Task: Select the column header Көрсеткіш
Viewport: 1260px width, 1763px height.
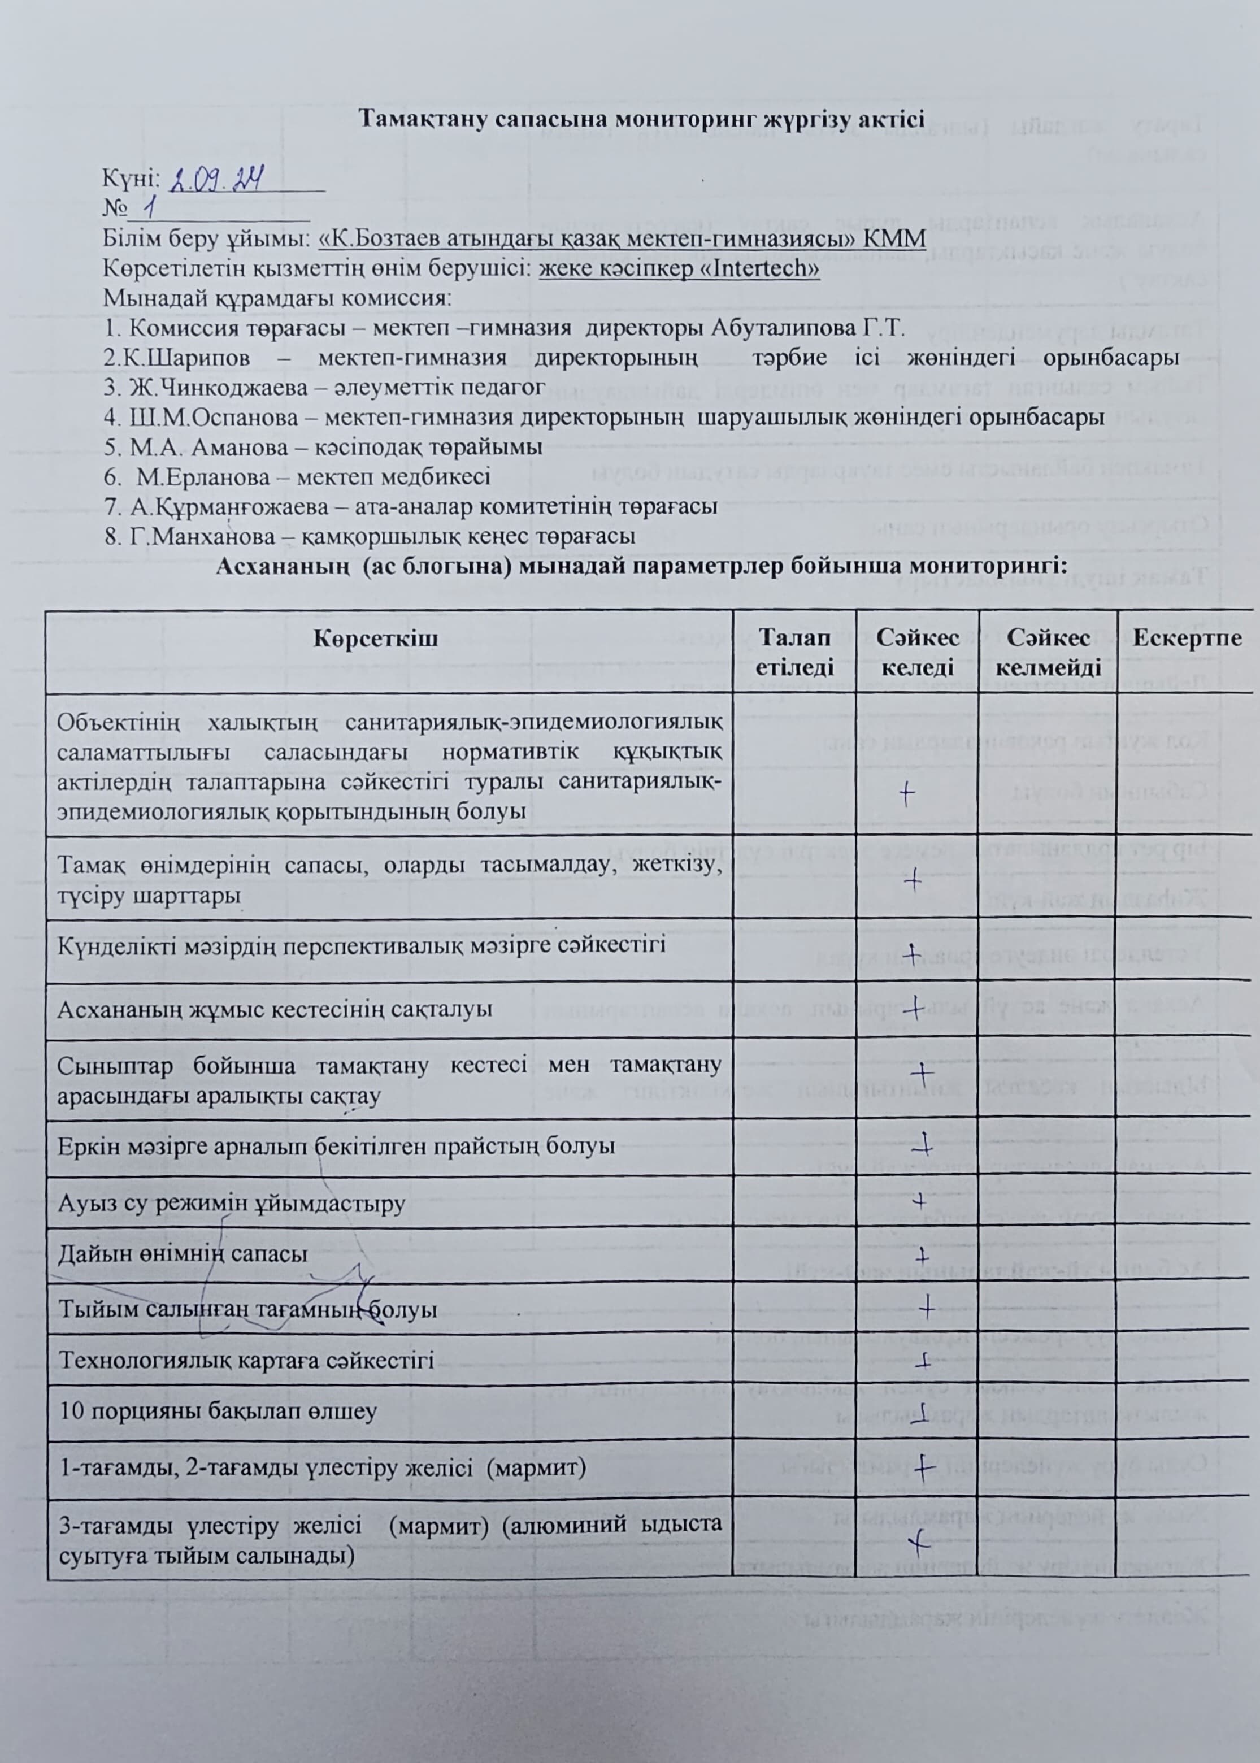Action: tap(376, 639)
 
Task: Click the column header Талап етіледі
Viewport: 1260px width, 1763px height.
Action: tap(794, 652)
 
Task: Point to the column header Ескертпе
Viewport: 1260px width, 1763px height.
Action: tap(1187, 638)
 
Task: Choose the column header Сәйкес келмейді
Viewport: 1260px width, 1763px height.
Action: tap(1048, 652)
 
